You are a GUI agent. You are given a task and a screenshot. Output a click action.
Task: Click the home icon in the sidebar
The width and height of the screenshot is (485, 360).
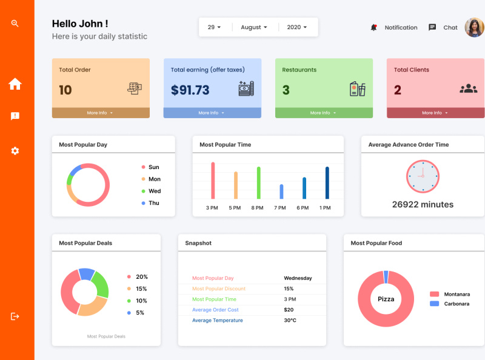coord(15,84)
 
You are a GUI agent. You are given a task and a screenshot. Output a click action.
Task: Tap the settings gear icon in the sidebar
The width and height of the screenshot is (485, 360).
coord(15,150)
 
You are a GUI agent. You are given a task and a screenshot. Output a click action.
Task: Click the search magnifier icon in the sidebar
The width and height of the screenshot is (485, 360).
coord(15,24)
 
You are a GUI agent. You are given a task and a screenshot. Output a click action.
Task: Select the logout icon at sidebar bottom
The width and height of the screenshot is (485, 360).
coord(15,316)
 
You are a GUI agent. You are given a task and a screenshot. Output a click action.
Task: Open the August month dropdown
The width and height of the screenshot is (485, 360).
coord(254,27)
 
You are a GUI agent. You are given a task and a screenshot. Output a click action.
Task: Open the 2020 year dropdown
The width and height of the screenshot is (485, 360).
coord(297,27)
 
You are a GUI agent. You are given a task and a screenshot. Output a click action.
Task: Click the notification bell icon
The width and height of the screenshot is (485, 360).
coord(374,27)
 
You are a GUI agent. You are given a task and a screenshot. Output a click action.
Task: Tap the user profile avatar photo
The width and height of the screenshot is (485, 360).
coord(474,27)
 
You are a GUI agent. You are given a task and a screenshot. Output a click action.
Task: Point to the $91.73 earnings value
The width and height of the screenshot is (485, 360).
coord(190,90)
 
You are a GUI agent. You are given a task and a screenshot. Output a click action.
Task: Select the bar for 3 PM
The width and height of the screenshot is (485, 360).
coord(213,181)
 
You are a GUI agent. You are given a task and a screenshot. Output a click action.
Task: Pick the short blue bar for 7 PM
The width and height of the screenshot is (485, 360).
coord(281,192)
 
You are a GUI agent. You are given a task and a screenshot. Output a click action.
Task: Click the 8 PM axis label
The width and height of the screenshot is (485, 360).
coord(258,208)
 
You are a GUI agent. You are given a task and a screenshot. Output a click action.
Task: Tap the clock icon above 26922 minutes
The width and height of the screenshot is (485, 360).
coord(422,176)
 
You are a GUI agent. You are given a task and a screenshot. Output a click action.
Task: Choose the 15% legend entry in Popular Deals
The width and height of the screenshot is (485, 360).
coord(141,289)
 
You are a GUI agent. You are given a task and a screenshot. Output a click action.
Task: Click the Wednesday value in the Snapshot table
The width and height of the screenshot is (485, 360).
coord(298,278)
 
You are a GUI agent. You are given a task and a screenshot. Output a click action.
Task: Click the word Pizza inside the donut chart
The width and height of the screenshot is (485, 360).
coord(386,299)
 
